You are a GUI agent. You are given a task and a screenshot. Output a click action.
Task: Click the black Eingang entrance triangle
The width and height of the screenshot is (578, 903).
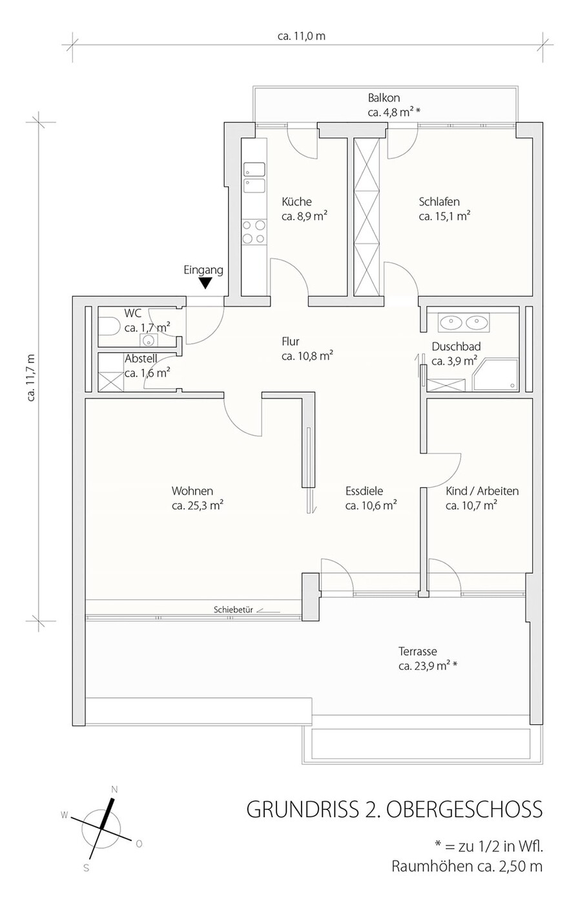coord(205,283)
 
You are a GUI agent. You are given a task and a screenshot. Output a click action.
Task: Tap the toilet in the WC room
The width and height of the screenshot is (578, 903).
coord(108,326)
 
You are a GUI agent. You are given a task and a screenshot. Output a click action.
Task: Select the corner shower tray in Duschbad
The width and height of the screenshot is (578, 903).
coord(495,374)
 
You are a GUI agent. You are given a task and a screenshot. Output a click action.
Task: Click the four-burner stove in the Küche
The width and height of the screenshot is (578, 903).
coord(254,232)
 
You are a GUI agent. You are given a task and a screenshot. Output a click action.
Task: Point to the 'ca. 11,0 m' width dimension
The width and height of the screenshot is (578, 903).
coord(302,36)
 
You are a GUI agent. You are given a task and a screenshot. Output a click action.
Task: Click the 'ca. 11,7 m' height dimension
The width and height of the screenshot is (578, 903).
coord(31,377)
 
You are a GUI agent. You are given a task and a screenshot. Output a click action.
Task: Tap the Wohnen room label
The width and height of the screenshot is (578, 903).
coord(192,491)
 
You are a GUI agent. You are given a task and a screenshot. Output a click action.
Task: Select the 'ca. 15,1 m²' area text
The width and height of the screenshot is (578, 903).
coord(444,216)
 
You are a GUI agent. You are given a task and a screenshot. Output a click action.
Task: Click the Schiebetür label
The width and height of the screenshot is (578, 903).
coord(233,610)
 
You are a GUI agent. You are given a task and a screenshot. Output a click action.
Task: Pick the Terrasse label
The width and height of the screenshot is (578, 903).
coord(418,651)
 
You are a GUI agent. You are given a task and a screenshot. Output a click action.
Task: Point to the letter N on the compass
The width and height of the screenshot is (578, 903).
coord(114,790)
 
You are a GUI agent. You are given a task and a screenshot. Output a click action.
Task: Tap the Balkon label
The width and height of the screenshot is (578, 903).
coord(384,98)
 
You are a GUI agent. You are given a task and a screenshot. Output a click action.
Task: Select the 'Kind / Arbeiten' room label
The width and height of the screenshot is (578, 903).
coord(482,491)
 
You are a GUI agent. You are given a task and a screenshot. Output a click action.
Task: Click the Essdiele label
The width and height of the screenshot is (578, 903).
coord(364,491)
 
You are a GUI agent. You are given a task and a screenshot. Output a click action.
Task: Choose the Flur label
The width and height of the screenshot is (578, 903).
coord(291,342)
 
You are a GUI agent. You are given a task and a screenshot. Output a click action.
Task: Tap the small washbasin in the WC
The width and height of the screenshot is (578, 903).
coord(149,340)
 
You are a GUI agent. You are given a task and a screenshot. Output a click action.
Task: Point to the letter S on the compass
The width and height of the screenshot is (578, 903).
coord(87,868)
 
